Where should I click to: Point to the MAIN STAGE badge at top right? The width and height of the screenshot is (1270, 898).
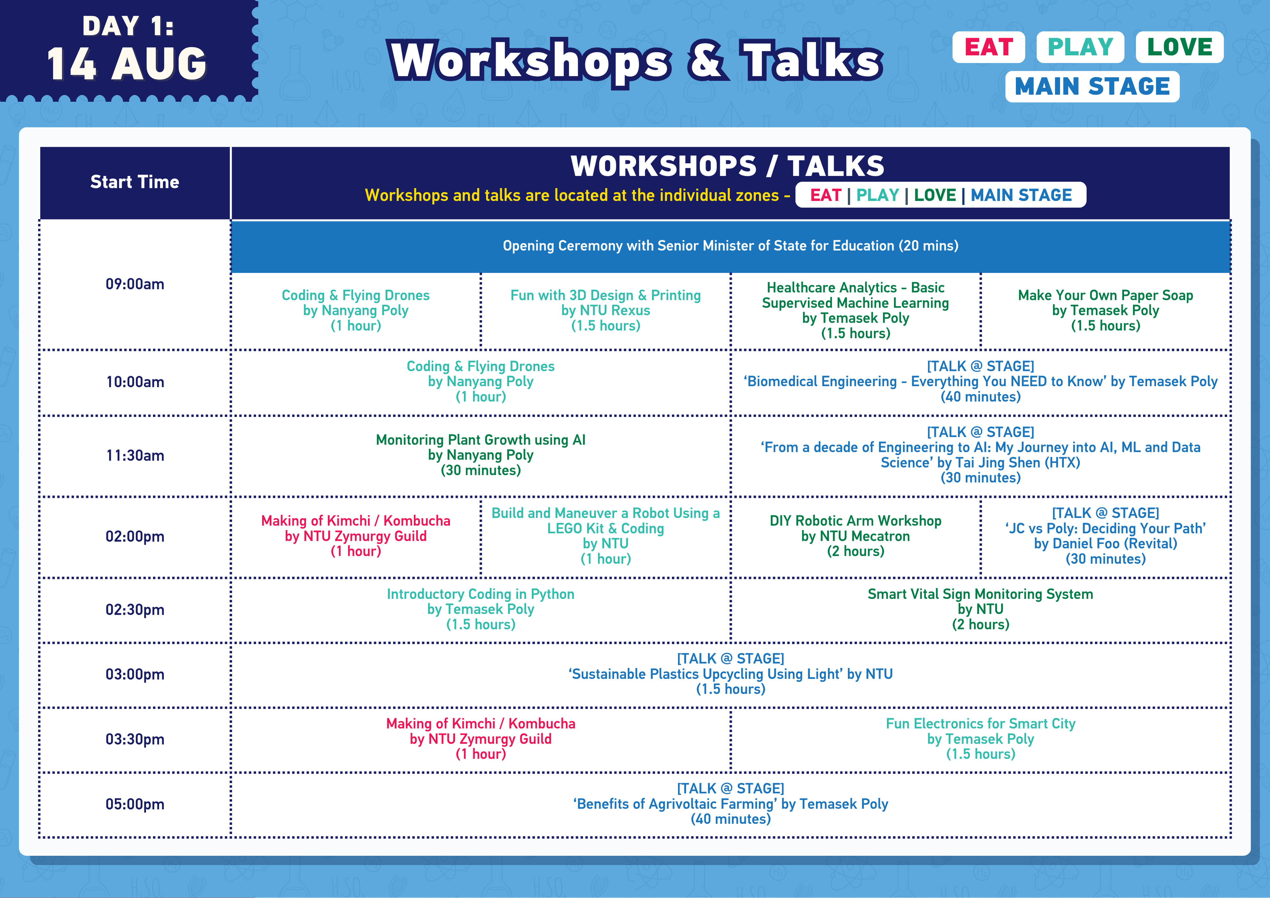click(1092, 87)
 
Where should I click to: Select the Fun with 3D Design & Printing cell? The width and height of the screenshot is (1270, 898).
click(606, 310)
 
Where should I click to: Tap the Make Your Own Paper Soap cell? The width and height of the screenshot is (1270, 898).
click(1105, 310)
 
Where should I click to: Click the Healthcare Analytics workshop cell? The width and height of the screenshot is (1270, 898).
click(855, 310)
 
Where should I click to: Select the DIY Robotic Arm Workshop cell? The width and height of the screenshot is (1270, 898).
click(855, 536)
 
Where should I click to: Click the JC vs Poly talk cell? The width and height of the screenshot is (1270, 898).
click(1105, 536)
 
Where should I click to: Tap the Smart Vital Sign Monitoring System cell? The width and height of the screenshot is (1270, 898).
click(980, 609)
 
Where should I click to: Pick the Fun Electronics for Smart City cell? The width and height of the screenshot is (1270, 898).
click(980, 739)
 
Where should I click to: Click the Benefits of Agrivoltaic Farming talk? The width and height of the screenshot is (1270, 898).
click(730, 804)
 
